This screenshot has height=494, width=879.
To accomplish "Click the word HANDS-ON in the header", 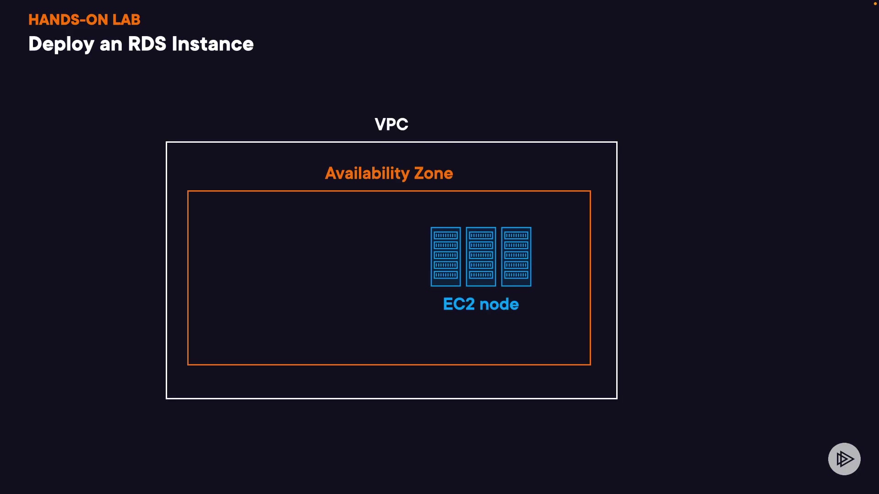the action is [68, 20].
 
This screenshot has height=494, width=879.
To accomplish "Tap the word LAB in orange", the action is [126, 20].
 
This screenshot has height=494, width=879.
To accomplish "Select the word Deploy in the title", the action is [61, 44].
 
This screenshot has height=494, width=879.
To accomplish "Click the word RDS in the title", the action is [147, 44].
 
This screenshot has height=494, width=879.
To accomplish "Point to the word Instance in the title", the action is [212, 44].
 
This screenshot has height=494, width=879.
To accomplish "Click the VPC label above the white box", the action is [391, 124].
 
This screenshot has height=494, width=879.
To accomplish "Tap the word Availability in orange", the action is [367, 173].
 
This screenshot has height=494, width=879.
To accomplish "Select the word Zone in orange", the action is [433, 173].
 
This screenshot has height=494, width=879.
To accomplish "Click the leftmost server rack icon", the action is [445, 257].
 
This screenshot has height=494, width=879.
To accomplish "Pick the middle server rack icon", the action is [481, 257].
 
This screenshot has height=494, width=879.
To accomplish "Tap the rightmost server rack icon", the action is [516, 257].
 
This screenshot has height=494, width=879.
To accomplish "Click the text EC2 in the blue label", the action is [459, 304].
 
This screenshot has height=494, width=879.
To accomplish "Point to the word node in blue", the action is [499, 304].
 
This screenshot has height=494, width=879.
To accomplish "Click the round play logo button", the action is [844, 459].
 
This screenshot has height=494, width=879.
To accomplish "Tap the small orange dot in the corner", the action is [875, 4].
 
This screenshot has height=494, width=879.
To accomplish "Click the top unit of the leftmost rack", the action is [445, 236].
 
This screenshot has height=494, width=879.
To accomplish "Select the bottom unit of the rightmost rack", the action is [516, 275].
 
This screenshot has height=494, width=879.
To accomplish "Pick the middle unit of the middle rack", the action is [481, 255].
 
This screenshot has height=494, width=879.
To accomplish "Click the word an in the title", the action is [111, 44].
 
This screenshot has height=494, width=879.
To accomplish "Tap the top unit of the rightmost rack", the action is [516, 236].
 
